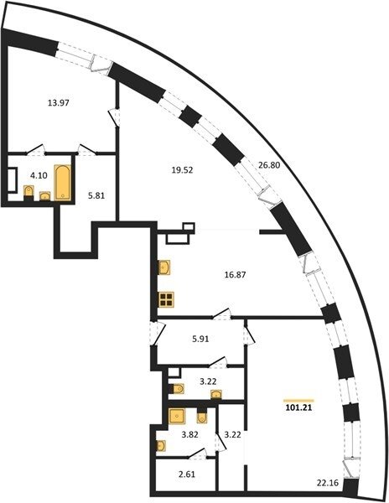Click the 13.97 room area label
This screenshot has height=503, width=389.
pyautogui.click(x=59, y=103)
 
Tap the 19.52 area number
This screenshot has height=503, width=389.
pyautogui.click(x=182, y=170)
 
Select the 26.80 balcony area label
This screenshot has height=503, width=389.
pyautogui.click(x=269, y=165)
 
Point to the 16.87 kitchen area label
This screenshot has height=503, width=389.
pyautogui.click(x=235, y=275)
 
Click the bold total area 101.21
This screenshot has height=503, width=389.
pyautogui.click(x=298, y=408)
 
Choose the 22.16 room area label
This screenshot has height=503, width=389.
pyautogui.click(x=328, y=483)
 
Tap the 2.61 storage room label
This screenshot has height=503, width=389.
pyautogui.click(x=187, y=474)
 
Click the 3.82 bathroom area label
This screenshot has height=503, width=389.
pyautogui.click(x=189, y=435)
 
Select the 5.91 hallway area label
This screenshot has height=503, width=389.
pyautogui.click(x=200, y=339)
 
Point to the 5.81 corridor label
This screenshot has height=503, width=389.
pyautogui.click(x=96, y=195)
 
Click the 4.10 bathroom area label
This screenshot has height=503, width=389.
pyautogui.click(x=39, y=175)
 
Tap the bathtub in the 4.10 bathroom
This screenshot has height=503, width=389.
pyautogui.click(x=63, y=182)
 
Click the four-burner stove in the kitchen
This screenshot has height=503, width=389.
pyautogui.click(x=167, y=299)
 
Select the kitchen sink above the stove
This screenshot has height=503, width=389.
pyautogui.click(x=164, y=267)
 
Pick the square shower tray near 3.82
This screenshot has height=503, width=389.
pyautogui.click(x=176, y=417)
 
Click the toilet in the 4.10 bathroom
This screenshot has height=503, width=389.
pyautogui.click(x=29, y=193)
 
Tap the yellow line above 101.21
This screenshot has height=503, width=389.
pyautogui.click(x=298, y=401)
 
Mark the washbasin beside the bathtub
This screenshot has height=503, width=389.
pyautogui.click(x=45, y=195)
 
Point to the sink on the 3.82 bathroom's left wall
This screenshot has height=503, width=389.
pyautogui.click(x=161, y=446)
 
